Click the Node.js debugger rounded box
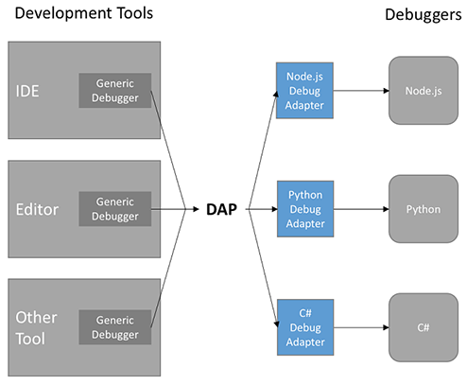(x=423, y=92)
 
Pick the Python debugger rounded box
(x=423, y=209)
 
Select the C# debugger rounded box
(x=423, y=326)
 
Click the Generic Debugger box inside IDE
(x=114, y=90)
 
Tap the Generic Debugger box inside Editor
(x=114, y=208)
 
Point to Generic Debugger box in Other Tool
(x=114, y=326)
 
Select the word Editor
(x=37, y=208)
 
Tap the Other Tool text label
(x=36, y=326)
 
